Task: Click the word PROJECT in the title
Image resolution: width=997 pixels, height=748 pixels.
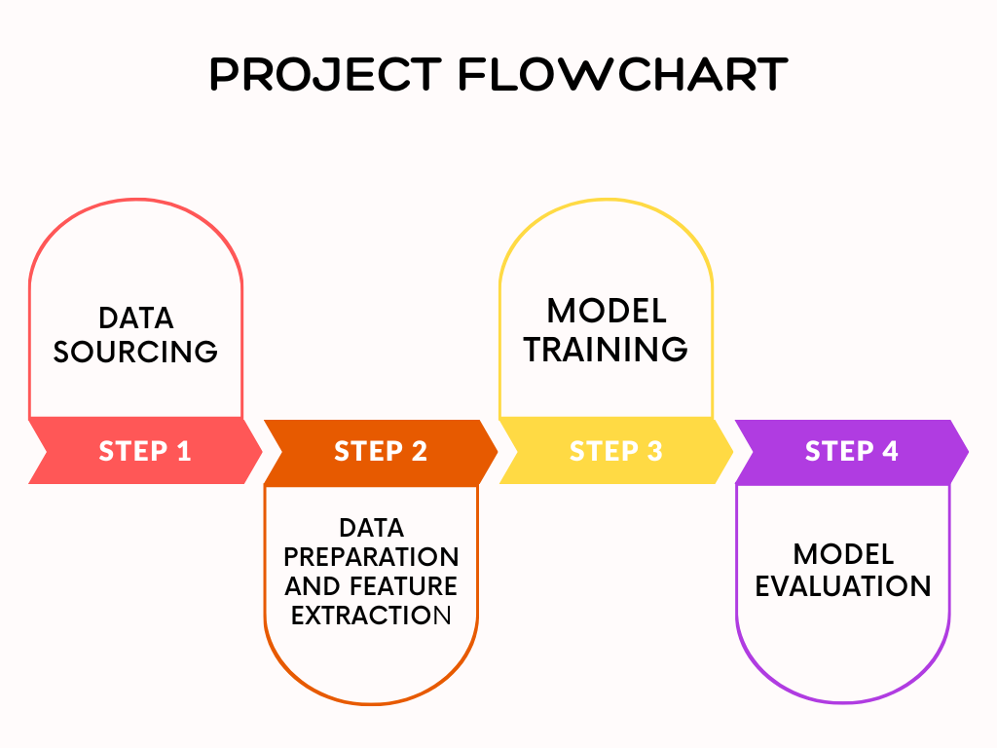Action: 325,74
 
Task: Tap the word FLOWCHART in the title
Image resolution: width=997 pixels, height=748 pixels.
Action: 623,74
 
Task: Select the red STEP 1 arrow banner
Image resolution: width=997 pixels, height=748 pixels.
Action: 145,451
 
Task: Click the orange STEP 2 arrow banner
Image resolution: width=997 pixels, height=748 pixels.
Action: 381,452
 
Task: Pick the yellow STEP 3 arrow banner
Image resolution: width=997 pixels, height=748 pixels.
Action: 615,451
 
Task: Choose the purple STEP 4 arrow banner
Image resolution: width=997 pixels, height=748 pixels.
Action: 851,452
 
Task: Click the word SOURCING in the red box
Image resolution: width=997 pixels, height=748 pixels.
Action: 135,352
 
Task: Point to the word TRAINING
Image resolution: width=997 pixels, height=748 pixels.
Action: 606,350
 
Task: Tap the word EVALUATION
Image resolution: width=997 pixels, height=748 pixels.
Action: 843,585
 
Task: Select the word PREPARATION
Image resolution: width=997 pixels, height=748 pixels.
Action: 371,557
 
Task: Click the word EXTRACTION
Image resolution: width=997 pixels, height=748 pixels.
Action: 371,616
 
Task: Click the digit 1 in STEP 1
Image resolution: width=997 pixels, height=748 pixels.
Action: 184,451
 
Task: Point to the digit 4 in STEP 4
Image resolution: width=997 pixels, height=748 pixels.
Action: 890,451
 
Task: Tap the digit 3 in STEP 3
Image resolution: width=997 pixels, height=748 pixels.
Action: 655,451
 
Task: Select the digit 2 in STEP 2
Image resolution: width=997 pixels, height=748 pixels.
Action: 420,451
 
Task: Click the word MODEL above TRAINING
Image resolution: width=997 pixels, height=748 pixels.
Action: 607,311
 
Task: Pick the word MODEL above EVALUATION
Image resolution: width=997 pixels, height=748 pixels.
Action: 844,554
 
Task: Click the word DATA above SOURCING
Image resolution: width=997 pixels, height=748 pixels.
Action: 136,318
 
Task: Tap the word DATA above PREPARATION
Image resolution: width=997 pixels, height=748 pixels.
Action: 371,528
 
